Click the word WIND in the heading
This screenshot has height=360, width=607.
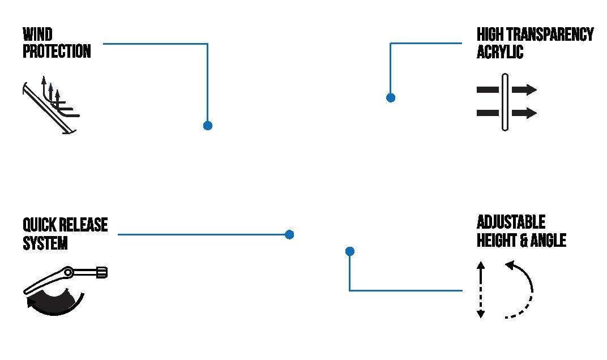[x=37, y=34]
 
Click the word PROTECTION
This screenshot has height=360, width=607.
[x=57, y=52]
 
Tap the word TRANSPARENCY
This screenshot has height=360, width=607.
[x=553, y=34]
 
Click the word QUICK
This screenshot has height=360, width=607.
[x=40, y=225]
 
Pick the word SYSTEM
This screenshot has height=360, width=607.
[x=45, y=243]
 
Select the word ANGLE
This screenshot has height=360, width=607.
[x=548, y=240]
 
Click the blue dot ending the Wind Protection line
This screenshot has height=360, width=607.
[x=207, y=125]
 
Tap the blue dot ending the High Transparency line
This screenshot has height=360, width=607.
[x=390, y=97]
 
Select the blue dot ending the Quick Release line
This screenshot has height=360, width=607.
[x=289, y=234]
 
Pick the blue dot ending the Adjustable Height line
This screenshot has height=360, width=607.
[x=349, y=251]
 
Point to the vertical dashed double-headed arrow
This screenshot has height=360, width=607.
[x=481, y=290]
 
